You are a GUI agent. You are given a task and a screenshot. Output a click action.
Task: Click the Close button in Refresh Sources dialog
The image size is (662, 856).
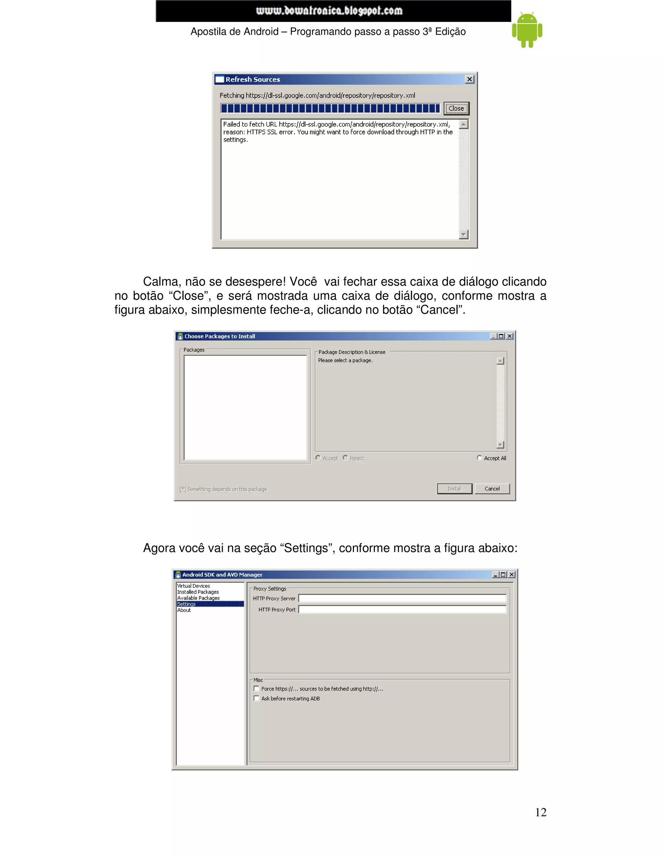tap(456, 109)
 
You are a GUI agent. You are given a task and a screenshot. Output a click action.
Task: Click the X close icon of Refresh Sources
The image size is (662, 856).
tap(469, 79)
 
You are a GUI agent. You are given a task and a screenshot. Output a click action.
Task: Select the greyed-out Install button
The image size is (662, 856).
tap(454, 489)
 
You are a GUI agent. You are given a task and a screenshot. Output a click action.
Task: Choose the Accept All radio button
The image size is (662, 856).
tap(479, 458)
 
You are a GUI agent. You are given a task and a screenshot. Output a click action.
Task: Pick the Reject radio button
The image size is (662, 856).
tap(345, 458)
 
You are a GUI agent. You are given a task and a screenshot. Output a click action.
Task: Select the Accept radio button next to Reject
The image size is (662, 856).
tap(318, 458)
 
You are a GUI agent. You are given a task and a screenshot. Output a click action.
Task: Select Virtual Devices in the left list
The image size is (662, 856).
tap(194, 586)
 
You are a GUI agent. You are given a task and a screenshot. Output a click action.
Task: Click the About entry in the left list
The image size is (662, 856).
tap(184, 610)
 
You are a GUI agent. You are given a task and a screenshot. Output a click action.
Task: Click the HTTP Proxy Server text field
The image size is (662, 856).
tap(402, 599)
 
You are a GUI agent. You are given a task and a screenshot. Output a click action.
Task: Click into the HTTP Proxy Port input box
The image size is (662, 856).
tap(402, 610)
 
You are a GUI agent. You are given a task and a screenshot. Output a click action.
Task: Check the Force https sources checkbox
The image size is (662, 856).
tap(256, 689)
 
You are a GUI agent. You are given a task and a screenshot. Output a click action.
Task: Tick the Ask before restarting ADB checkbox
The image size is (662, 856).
tap(256, 698)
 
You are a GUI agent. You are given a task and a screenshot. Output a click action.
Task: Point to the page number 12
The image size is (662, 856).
tap(540, 812)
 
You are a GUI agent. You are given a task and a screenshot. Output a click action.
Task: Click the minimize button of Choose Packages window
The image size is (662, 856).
tap(493, 336)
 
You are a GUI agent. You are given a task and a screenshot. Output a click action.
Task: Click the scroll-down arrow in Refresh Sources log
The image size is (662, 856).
tap(464, 235)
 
